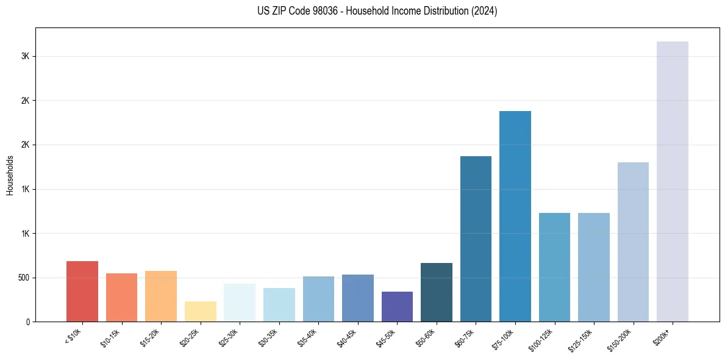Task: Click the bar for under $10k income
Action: [82, 291]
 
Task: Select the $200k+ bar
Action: [672, 181]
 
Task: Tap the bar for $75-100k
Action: [515, 216]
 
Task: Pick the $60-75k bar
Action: [476, 239]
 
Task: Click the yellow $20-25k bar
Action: [200, 311]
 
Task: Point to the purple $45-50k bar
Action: [397, 306]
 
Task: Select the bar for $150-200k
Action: [633, 242]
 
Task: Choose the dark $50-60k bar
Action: [436, 292]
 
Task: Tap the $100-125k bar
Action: [554, 267]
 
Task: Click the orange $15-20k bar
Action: [161, 296]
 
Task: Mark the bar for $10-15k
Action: [121, 297]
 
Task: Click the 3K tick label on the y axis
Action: [26, 56]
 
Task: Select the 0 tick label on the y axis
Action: [28, 322]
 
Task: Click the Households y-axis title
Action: [10, 175]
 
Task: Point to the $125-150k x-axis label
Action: [583, 339]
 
